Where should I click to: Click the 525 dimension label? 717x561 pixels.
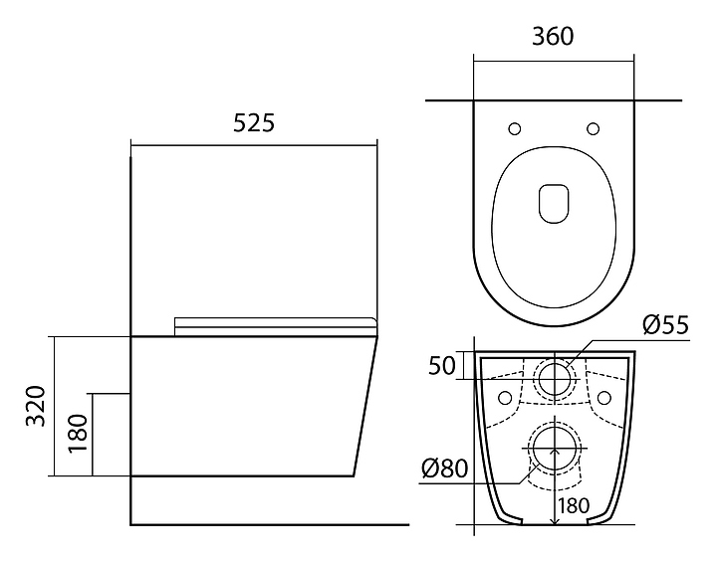click(253, 123)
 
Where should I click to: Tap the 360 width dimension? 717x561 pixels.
click(553, 37)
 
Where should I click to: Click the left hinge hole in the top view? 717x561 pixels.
click(515, 128)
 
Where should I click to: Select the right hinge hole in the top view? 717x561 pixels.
click(594, 128)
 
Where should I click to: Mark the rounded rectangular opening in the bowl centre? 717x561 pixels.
click(554, 203)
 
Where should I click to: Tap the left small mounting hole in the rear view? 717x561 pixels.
click(505, 399)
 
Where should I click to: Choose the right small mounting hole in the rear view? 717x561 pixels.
click(603, 399)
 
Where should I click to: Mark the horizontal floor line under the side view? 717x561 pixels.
click(269, 523)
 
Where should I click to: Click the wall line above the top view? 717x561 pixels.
click(554, 100)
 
